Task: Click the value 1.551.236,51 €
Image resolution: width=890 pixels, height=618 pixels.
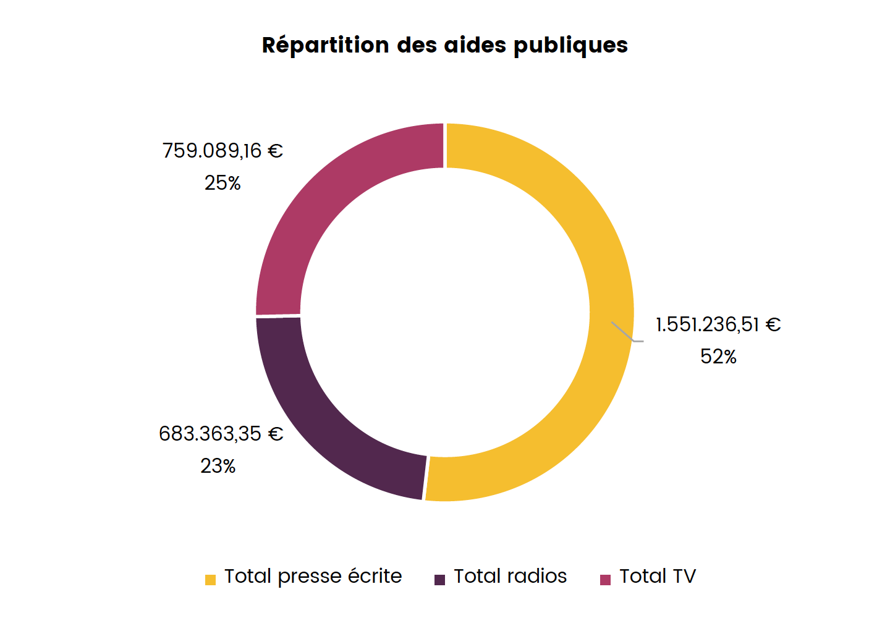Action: (x=718, y=324)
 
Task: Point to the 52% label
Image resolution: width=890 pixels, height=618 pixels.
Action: (x=718, y=357)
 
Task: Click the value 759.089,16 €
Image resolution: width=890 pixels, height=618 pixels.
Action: (x=222, y=151)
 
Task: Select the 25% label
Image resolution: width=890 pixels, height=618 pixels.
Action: (x=222, y=183)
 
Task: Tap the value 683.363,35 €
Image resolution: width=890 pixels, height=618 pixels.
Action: (x=221, y=434)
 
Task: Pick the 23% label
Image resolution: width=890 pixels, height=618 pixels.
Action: (x=218, y=466)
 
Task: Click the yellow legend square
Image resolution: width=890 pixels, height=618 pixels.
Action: (x=211, y=580)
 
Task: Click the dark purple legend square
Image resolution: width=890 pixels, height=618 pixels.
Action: (x=440, y=580)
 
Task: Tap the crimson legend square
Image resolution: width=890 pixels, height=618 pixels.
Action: (x=606, y=580)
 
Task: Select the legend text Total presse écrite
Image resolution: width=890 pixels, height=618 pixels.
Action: (x=313, y=576)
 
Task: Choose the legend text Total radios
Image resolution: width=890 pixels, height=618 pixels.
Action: (x=510, y=576)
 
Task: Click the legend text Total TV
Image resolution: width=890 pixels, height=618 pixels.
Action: (x=658, y=576)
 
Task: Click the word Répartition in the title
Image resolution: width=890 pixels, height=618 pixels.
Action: (x=325, y=46)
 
